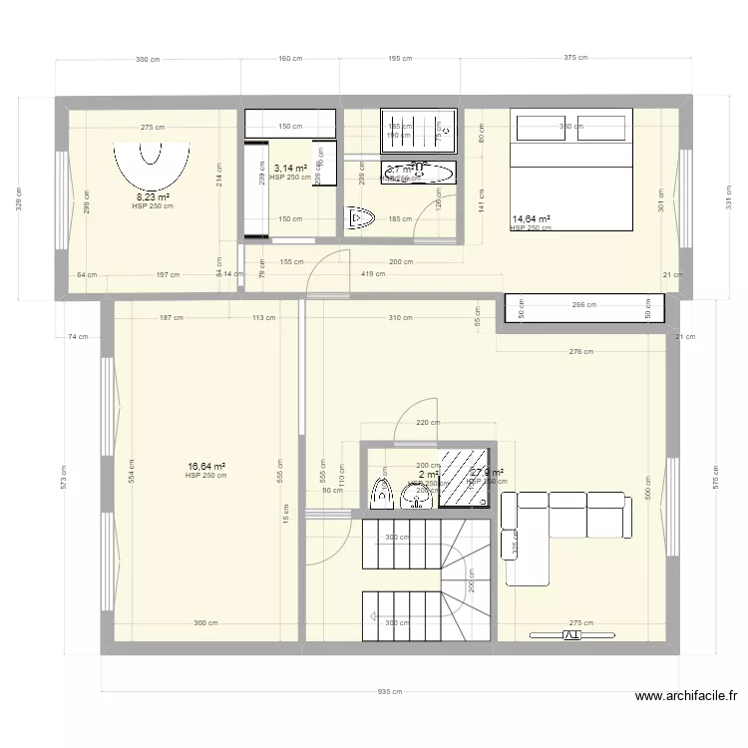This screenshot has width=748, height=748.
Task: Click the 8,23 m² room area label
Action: point(153,197)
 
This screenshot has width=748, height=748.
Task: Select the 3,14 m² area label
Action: point(290,169)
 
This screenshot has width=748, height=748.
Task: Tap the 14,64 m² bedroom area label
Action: point(531,218)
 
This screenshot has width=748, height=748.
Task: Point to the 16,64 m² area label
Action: point(205,466)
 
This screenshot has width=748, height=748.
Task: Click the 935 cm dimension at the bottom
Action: point(390,692)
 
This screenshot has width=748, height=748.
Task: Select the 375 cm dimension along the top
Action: point(575,59)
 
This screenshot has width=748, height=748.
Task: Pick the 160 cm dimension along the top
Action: point(290,59)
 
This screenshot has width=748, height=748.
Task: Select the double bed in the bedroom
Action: point(572,170)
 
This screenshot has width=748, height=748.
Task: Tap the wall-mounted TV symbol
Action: point(572,634)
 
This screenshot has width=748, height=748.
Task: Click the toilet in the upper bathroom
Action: point(359,217)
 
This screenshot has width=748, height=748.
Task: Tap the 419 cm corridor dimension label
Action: point(374,274)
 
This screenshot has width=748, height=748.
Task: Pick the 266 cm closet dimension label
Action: point(583,305)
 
